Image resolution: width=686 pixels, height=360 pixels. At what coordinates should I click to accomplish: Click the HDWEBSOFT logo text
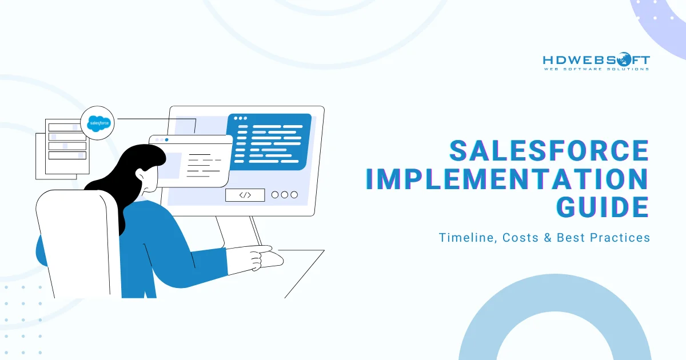coord(595,59)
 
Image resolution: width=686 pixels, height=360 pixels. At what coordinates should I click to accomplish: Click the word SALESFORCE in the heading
coord(549,151)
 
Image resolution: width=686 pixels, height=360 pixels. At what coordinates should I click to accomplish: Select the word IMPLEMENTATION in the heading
coord(506,179)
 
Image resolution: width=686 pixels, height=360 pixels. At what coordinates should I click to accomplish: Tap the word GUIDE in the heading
coord(603,206)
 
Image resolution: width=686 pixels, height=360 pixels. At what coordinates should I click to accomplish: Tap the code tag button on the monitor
coord(245,195)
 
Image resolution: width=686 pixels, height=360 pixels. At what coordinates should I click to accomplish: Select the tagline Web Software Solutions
coord(595,69)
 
